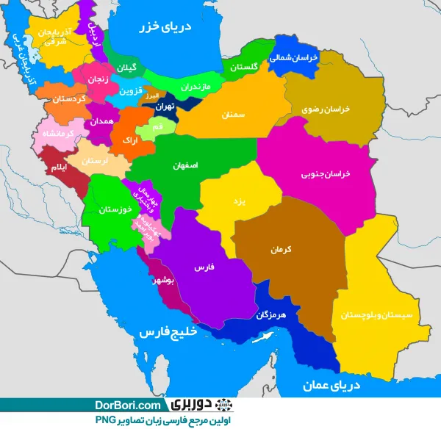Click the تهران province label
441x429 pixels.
pyautogui.click(x=163, y=106)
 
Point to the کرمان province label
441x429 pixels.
pyautogui.click(x=282, y=250)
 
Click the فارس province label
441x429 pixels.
pyautogui.click(x=204, y=268)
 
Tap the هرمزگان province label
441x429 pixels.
pyautogui.click(x=271, y=315)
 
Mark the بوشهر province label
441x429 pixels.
pyautogui.click(x=162, y=281)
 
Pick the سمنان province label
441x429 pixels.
pyautogui.click(x=232, y=115)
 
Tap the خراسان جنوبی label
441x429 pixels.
pyautogui.click(x=326, y=175)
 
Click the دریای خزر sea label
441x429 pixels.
pyautogui.click(x=166, y=28)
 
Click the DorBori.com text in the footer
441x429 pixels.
pyautogui.click(x=127, y=405)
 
